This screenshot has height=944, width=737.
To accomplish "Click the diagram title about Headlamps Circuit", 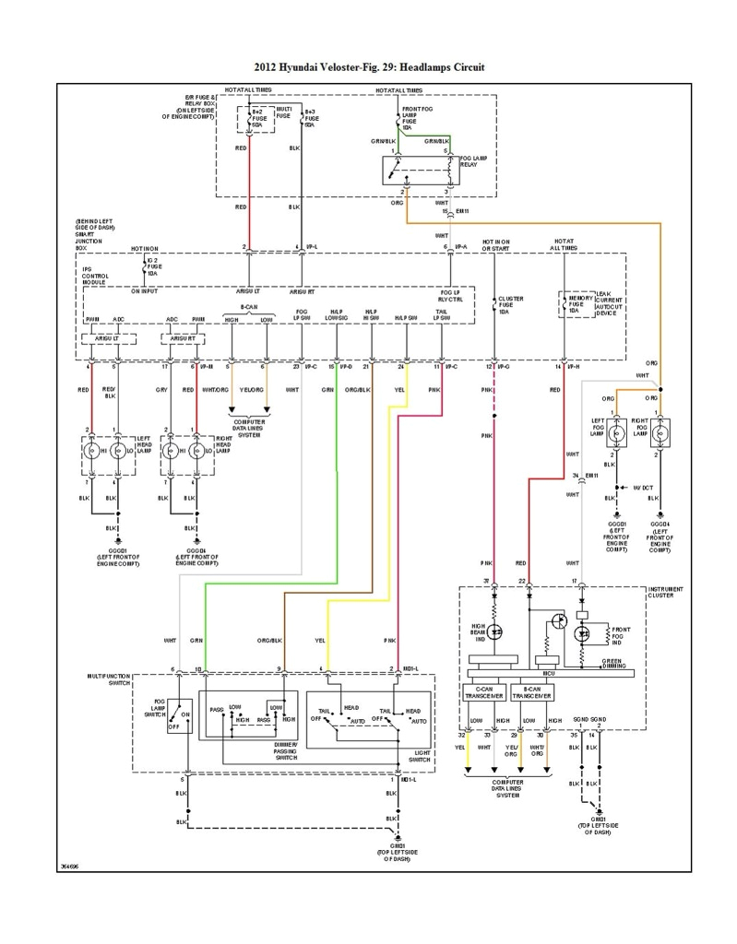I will [368, 67].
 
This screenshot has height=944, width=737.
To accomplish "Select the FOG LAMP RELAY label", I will [473, 162].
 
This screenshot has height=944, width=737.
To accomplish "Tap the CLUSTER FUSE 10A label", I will [510, 305].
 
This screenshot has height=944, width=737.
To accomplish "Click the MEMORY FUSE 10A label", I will [580, 305].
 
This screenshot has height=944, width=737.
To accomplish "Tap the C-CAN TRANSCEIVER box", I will [483, 692].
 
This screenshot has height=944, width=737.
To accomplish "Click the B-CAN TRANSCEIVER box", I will [530, 692].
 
